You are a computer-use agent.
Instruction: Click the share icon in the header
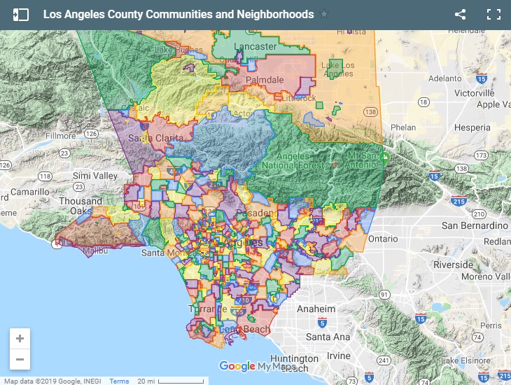(460, 14)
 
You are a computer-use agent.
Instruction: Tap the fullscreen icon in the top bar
(493, 14)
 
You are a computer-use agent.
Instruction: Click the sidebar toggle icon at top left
(21, 14)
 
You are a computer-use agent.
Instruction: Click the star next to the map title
(323, 14)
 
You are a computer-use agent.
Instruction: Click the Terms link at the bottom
(119, 381)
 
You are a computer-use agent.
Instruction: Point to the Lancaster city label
(255, 47)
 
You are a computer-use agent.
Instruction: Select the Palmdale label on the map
(264, 80)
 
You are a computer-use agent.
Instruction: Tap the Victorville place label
(474, 92)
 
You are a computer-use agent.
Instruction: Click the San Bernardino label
(475, 225)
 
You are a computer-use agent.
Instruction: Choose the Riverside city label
(453, 265)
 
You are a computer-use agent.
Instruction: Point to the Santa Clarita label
(150, 138)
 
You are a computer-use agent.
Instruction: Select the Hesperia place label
(472, 127)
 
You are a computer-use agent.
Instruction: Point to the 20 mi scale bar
(169, 381)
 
